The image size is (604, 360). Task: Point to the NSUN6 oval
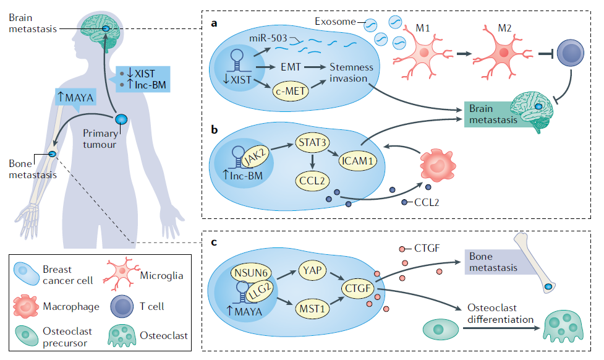250,270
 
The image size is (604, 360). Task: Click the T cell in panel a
572,53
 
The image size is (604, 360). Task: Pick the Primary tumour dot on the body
122,118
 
